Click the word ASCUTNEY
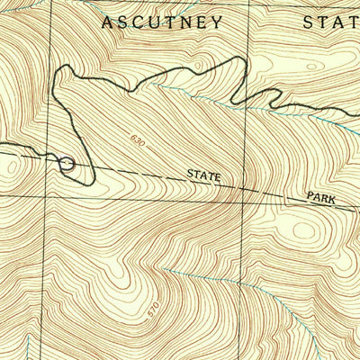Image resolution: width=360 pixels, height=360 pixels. point(162,22)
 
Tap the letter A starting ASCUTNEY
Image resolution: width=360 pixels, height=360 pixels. point(107,22)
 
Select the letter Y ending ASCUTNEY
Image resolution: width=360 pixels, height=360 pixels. point(217,22)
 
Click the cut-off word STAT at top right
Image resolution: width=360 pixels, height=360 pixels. point(332,22)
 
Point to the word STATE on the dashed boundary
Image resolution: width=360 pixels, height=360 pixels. point(203,175)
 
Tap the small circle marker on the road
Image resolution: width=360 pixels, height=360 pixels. point(66,163)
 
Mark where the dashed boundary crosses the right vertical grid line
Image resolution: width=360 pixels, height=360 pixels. point(247,186)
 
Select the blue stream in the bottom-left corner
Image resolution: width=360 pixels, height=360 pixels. point(30,346)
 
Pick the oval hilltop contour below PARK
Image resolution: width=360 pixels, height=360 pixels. point(304,230)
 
